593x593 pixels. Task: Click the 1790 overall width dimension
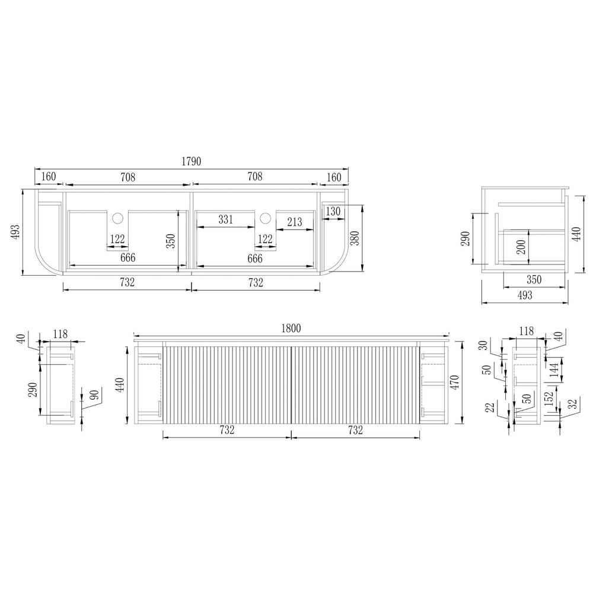(192, 161)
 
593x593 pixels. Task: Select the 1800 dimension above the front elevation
(291, 328)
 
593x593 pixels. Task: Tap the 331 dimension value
(226, 219)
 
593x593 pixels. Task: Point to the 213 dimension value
(295, 222)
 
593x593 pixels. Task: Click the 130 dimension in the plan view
(333, 212)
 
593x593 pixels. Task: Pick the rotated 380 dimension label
(355, 238)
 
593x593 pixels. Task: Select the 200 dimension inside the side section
(521, 247)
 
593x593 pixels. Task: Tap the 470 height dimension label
(455, 382)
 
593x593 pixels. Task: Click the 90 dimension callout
(94, 395)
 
